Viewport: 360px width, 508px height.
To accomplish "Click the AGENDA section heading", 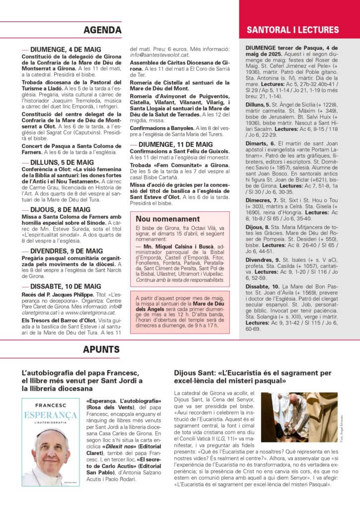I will [x=102, y=30].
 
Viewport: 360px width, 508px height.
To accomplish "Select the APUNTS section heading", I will [x=101, y=349].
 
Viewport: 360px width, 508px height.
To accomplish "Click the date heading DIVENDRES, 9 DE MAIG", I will [x=66, y=251].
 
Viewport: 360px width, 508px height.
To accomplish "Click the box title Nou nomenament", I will [x=168, y=219].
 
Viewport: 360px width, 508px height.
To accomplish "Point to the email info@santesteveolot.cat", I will [x=159, y=55].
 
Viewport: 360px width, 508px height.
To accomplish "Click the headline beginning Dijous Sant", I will [x=252, y=377].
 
